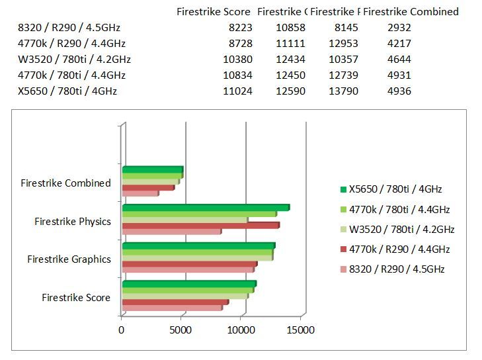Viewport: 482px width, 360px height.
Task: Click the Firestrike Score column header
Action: [x=214, y=11]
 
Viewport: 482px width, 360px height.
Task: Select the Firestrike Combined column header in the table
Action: [x=411, y=11]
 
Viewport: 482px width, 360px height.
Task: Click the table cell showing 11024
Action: [x=237, y=91]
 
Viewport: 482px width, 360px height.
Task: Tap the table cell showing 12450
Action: [x=291, y=75]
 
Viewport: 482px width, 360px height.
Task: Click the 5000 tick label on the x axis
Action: [x=181, y=330]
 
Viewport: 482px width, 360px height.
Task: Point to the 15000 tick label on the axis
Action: [x=301, y=330]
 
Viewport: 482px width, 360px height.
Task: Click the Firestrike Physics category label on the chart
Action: [x=73, y=221]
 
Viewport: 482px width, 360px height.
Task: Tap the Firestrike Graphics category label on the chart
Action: [x=69, y=259]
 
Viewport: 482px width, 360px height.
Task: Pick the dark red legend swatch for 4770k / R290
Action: [x=343, y=249]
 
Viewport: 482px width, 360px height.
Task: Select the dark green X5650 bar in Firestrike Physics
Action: [x=205, y=208]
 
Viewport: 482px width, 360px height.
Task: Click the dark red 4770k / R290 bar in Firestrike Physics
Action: [x=200, y=226]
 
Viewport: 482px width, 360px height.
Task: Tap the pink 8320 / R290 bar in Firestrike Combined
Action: [x=140, y=193]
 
